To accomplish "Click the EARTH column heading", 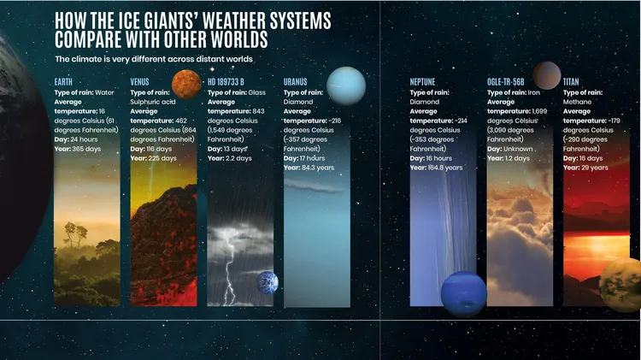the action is [63, 82].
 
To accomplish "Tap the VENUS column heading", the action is [140, 82].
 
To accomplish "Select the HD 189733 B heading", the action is [226, 82].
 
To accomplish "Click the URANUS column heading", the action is [295, 82].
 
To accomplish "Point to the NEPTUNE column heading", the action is [423, 82].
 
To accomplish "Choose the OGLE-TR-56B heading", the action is [506, 82].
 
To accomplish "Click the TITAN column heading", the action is [571, 82].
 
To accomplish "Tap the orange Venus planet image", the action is [186, 85].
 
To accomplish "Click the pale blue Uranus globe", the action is [346, 86].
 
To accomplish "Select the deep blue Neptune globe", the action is [463, 293].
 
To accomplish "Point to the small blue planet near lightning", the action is [268, 282].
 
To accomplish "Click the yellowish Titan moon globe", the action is [620, 285].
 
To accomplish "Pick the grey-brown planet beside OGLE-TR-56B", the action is [547, 76].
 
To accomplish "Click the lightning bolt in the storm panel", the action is [229, 270].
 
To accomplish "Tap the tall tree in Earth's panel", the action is [75, 235].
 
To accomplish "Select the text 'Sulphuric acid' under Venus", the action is [153, 102].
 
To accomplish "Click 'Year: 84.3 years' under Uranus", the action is [309, 168].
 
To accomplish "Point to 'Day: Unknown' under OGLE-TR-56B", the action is [510, 149].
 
